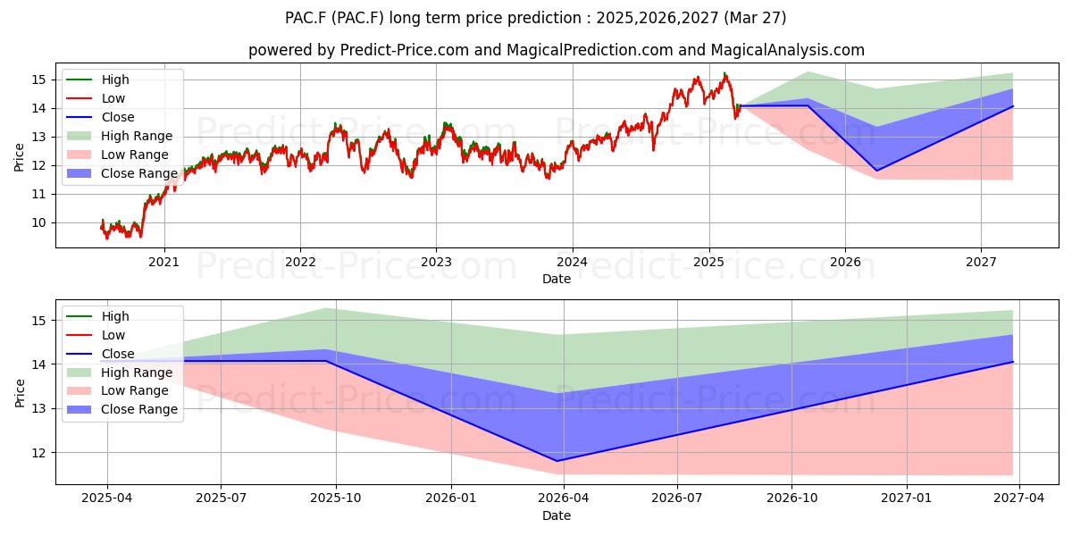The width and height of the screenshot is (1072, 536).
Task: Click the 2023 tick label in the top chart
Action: click(436, 262)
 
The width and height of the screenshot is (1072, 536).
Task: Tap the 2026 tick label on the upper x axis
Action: click(845, 262)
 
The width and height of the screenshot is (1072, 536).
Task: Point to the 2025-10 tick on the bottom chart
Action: click(336, 498)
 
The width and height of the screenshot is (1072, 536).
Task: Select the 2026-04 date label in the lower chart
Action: click(564, 498)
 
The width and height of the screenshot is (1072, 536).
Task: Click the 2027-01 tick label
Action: click(907, 498)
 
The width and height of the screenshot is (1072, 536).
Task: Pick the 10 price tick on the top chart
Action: click(39, 223)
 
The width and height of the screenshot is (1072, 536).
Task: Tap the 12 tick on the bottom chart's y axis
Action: click(39, 453)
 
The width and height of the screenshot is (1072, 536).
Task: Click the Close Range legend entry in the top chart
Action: click(138, 173)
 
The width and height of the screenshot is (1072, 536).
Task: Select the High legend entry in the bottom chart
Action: click(115, 316)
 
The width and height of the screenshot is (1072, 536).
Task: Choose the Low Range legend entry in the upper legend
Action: click(135, 155)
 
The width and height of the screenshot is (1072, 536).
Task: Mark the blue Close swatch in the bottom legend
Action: click(79, 354)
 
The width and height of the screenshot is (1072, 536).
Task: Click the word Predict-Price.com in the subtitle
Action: click(405, 50)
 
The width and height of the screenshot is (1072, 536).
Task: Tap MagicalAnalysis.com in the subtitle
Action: click(788, 50)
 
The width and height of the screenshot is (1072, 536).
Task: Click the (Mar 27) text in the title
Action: click(755, 18)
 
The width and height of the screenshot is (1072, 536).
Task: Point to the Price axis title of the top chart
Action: click(19, 157)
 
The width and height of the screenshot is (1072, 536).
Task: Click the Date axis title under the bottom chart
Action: click(557, 515)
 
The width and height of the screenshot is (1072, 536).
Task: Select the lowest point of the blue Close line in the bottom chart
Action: click(557, 461)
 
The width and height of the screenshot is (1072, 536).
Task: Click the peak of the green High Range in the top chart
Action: click(808, 71)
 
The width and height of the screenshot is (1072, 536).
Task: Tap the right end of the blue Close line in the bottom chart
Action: click(1013, 362)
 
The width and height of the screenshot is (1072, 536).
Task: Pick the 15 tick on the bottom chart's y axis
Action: click(39, 321)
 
